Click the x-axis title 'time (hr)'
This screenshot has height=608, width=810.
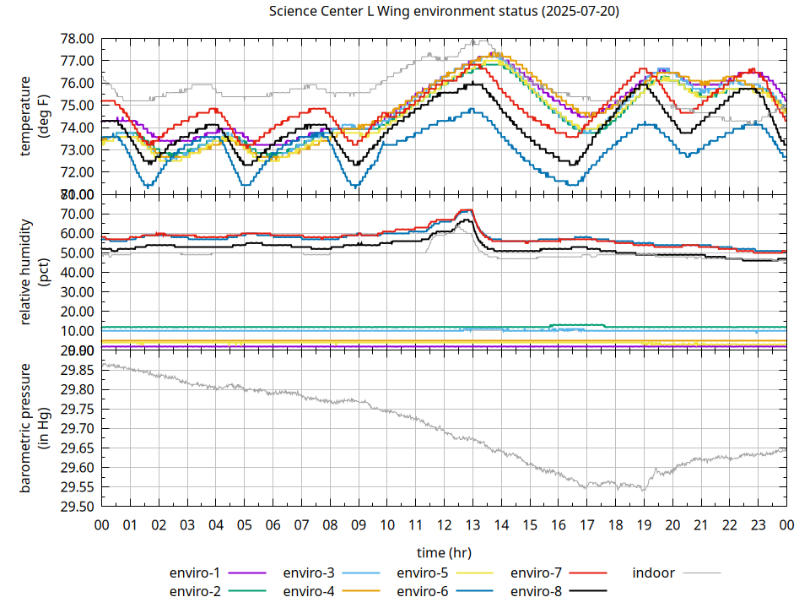point(444,552)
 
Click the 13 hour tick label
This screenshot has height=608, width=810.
point(472,525)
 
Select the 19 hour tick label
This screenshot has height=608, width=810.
point(644,525)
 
